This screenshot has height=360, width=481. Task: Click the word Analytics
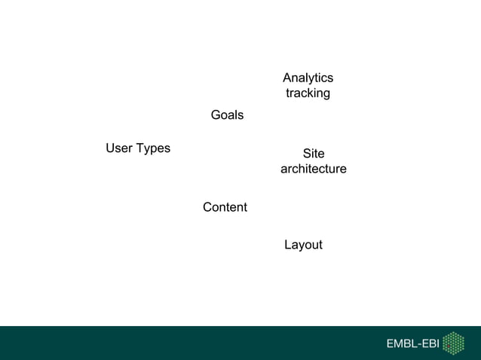tap(308, 78)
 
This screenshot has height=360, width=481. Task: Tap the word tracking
tap(308, 93)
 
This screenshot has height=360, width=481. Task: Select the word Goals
tap(227, 115)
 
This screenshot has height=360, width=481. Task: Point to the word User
tap(119, 148)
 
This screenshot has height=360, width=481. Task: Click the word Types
tap(154, 149)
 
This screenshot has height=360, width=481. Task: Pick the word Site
tap(314, 154)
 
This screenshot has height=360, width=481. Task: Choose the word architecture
tap(314, 169)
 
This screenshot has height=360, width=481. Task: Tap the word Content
tap(225, 207)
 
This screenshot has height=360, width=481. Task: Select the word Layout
tap(303, 246)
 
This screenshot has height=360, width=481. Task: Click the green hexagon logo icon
tap(453, 343)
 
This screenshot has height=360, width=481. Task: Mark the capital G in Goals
tap(216, 115)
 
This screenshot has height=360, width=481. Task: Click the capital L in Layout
tap(287, 245)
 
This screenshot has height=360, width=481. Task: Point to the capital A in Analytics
tap(287, 78)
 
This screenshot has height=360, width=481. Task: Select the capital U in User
tap(110, 148)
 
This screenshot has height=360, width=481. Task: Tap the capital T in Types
tap(140, 148)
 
